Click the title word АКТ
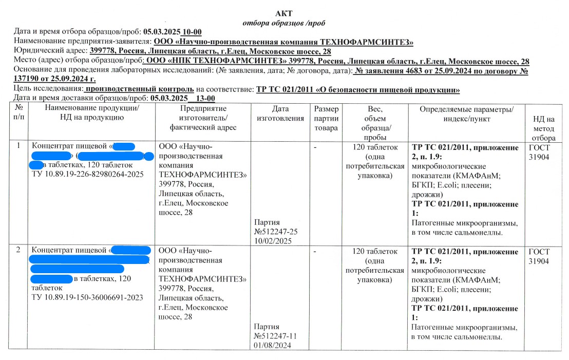(284, 13)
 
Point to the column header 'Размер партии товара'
(326, 118)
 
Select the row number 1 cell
(18, 145)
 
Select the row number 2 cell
(18, 251)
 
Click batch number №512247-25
(276, 232)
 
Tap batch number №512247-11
(276, 336)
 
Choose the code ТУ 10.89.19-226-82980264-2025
(88, 174)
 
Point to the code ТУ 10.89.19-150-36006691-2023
(87, 297)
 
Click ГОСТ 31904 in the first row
(539, 152)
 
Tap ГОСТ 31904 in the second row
(539, 256)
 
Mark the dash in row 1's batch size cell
(315, 147)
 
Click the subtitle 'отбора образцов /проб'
(283, 23)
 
